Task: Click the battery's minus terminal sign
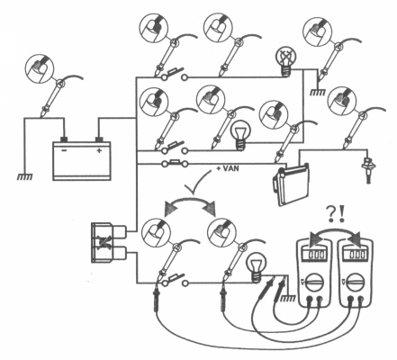(64, 150)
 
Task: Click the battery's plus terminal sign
(99, 150)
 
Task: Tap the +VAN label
(228, 168)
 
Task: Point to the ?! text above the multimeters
(336, 215)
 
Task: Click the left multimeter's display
(315, 255)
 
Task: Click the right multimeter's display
(356, 255)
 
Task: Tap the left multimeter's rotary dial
(315, 282)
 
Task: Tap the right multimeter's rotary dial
(356, 282)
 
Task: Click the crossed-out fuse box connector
(109, 242)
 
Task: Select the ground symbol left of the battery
(24, 177)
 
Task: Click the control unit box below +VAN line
(291, 184)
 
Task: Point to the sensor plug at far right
(366, 170)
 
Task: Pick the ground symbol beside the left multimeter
(286, 298)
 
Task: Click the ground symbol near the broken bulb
(317, 93)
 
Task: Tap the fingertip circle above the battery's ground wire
(40, 68)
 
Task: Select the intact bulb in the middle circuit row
(239, 135)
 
